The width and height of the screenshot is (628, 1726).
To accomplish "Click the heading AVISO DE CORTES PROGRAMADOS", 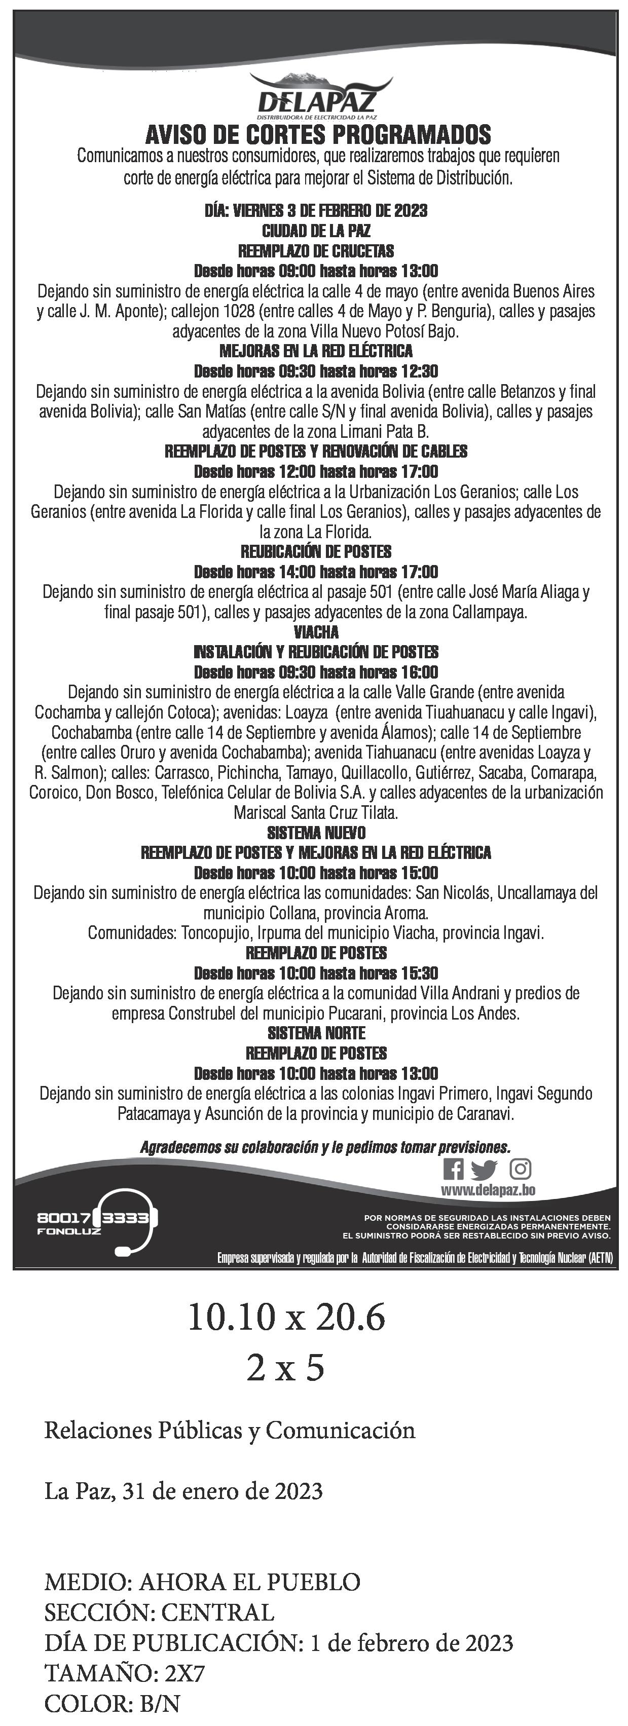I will pos(318,135).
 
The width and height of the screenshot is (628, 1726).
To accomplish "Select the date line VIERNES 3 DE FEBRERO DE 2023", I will pos(316,210).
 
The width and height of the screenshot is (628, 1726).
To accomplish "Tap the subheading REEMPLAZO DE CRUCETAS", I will pos(316,251).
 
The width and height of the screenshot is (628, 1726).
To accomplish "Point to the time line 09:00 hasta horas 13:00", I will pos(316,271).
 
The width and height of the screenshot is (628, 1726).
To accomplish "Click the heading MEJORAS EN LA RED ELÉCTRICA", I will pos(316,351).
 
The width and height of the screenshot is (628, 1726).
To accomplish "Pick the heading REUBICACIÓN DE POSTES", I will pos(316,551).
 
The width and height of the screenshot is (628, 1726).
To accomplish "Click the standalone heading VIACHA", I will pos(316,632).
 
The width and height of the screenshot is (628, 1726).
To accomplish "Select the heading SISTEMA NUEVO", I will pos(316,833).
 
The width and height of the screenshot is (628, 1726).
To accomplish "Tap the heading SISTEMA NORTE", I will pos(316,1033).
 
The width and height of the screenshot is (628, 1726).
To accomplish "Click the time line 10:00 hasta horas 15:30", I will pos(316,973).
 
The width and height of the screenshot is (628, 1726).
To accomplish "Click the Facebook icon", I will pos(453,1169).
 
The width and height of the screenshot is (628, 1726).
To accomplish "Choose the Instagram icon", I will pos(521,1169).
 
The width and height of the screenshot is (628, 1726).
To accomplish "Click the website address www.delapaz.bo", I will pos(487,1189).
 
